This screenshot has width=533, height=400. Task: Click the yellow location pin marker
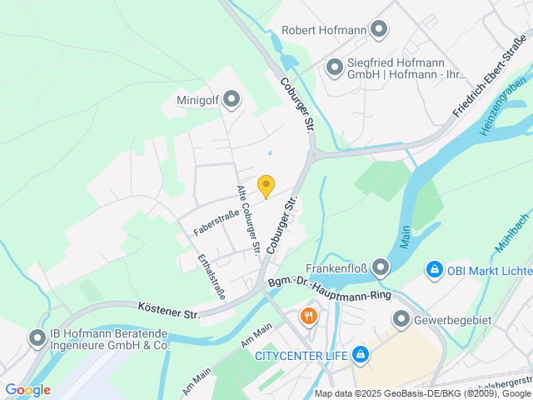click(x=266, y=187)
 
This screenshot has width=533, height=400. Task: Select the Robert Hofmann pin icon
click(x=379, y=30)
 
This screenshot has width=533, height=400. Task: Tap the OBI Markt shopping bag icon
click(x=433, y=270)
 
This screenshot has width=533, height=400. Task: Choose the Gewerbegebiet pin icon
click(x=401, y=319)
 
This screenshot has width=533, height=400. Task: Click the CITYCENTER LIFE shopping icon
click(x=360, y=356)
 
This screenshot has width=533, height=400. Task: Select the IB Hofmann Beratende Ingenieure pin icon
click(x=37, y=338)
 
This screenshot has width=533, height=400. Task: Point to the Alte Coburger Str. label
click(x=249, y=219)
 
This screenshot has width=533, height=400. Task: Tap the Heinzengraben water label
click(x=505, y=106)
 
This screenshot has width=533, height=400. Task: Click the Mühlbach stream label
click(x=511, y=238)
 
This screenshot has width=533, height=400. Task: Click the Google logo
click(x=27, y=390)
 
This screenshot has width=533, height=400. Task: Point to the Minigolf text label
click(x=197, y=101)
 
